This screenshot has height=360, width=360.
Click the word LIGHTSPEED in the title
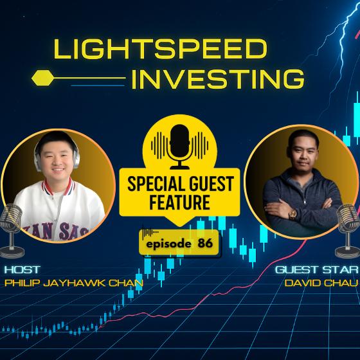click(x=161, y=49)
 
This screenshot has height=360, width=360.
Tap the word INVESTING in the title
click(x=218, y=79)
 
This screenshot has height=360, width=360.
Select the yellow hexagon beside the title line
click(x=43, y=78)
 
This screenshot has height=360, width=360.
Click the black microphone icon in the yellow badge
click(x=180, y=147)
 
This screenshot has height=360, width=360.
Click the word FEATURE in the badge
click(x=180, y=202)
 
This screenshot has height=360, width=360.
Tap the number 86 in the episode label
click(x=205, y=243)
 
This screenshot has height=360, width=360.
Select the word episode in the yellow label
click(x=168, y=244)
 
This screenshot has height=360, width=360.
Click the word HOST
click(x=22, y=269)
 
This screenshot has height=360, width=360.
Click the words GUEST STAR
click(x=316, y=269)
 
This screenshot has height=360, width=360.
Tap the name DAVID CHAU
click(x=321, y=283)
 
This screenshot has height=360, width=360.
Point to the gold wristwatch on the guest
click(x=292, y=215)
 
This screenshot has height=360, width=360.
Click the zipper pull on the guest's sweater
click(x=305, y=203)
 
